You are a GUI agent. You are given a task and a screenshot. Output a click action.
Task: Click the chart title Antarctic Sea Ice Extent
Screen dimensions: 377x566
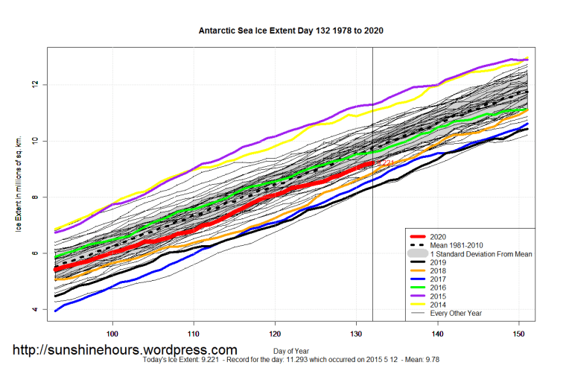(x=291, y=31)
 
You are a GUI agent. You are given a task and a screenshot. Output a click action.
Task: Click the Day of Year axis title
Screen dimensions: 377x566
(x=291, y=350)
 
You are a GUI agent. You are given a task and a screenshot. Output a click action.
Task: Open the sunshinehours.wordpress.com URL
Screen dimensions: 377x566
(x=124, y=349)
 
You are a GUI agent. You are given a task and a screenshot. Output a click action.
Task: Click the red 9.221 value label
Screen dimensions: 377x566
(x=385, y=163)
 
